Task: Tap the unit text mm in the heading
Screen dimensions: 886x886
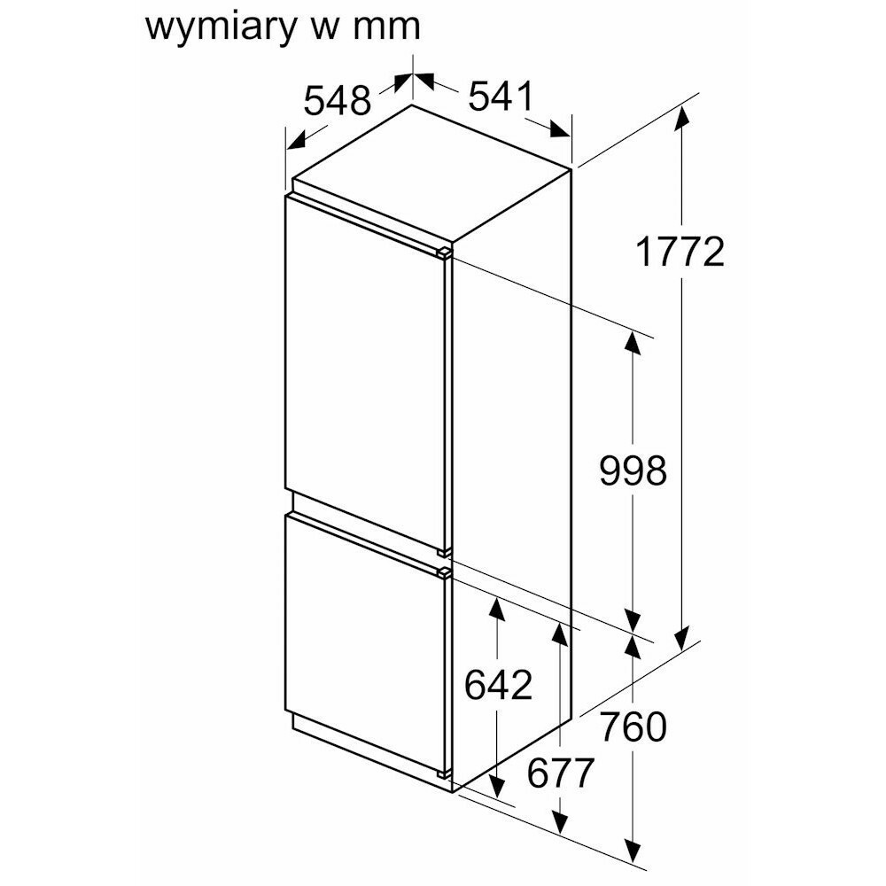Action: click(386, 27)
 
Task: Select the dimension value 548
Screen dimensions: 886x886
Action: click(337, 101)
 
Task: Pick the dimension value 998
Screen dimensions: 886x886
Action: click(633, 470)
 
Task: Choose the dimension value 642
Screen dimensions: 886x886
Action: click(498, 685)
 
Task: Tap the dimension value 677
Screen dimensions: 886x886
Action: click(560, 774)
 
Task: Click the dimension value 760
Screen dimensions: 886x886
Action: click(633, 727)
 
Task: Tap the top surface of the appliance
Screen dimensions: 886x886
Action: click(434, 173)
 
